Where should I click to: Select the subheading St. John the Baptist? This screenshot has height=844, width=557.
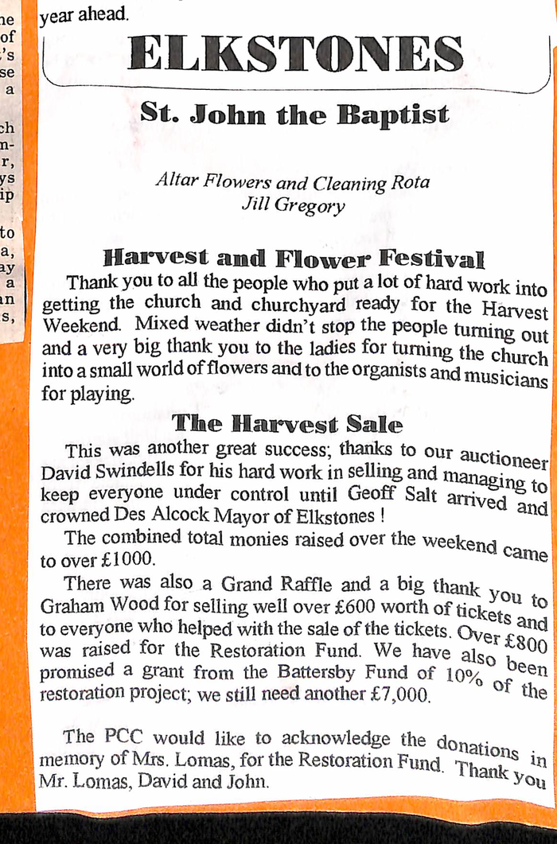pos(294,114)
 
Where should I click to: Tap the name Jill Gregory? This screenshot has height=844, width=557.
pos(293,205)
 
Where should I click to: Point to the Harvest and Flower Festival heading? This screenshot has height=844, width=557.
pos(294,259)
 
